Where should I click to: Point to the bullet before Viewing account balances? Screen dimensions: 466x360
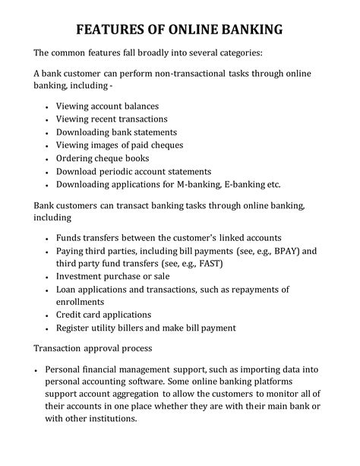(x=49, y=106)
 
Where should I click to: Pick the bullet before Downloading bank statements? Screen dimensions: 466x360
(x=49, y=132)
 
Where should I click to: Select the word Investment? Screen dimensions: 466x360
(x=84, y=276)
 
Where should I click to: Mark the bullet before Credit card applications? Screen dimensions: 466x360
(x=49, y=315)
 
